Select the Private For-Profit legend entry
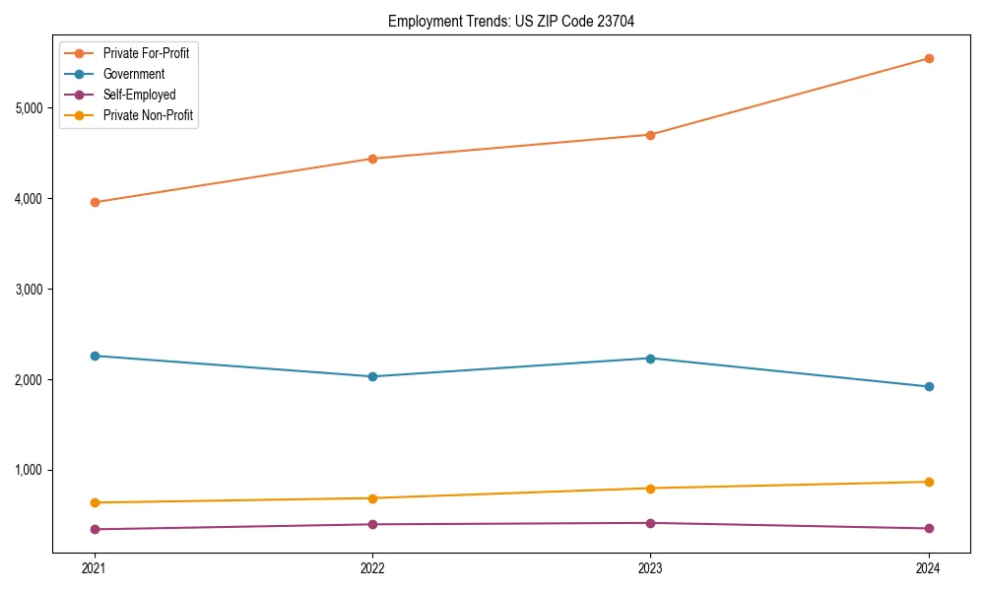(x=146, y=53)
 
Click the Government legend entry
(x=133, y=74)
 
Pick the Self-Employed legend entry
(x=139, y=95)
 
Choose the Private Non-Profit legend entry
(x=148, y=115)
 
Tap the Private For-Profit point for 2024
(x=928, y=58)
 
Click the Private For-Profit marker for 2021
(x=95, y=202)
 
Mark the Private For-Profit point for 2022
(x=372, y=159)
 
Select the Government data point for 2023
(x=650, y=359)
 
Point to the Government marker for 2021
(x=95, y=356)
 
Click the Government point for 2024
(x=928, y=386)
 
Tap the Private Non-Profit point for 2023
(x=650, y=489)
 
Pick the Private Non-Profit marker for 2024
(x=928, y=482)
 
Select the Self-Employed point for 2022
(x=372, y=524)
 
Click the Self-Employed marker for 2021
(x=95, y=529)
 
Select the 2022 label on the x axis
(x=372, y=567)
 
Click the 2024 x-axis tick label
(x=928, y=567)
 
